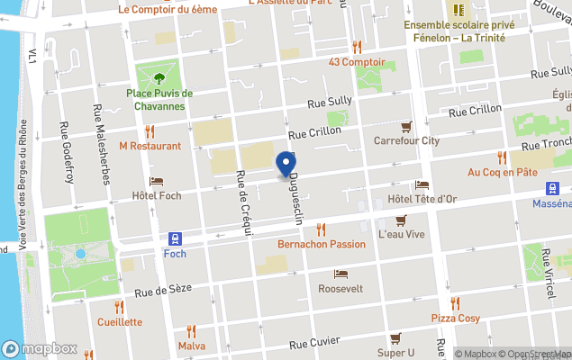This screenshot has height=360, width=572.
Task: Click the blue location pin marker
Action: point(286,164)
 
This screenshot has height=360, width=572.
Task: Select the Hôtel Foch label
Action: point(157,195)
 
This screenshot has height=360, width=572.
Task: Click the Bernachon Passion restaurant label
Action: point(322,244)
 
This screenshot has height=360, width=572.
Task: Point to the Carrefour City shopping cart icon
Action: point(406,127)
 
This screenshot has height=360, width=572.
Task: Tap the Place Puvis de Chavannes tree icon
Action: point(159,78)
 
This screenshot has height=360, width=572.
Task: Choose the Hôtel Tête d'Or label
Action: point(422,199)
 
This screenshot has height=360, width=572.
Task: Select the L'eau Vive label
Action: point(401,234)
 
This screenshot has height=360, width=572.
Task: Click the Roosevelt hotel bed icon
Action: point(340,274)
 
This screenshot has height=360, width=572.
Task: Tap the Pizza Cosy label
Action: point(455,319)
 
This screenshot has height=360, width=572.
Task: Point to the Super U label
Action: point(395,352)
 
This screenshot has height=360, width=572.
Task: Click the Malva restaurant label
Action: point(192,346)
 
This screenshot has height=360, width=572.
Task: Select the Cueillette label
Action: point(120,321)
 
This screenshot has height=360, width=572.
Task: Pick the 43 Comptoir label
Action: point(357,62)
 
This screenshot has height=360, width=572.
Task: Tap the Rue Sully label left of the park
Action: point(328,104)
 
